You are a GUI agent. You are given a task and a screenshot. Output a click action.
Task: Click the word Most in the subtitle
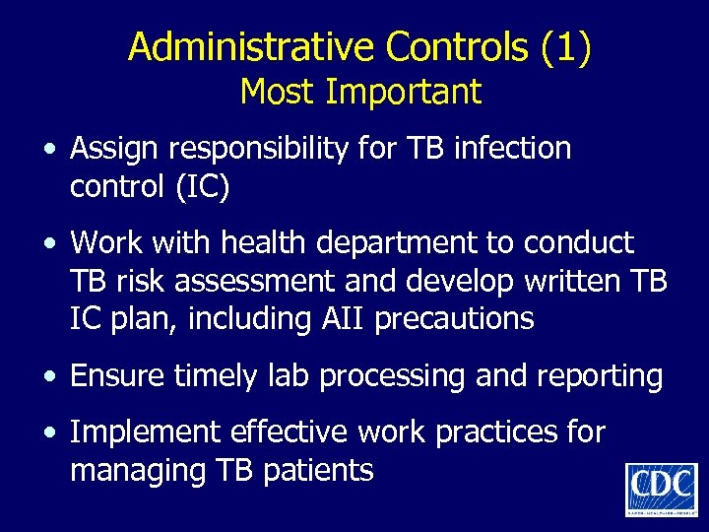[x=278, y=92]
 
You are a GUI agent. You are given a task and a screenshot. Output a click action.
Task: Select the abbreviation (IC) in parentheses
[x=204, y=186]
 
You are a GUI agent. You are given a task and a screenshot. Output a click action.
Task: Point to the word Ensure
[x=112, y=375]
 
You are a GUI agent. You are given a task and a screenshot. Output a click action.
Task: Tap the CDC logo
[x=661, y=488]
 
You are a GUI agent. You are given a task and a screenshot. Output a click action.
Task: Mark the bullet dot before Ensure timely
[x=49, y=376]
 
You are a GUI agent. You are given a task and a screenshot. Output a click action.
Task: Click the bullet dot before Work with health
[x=49, y=242]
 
